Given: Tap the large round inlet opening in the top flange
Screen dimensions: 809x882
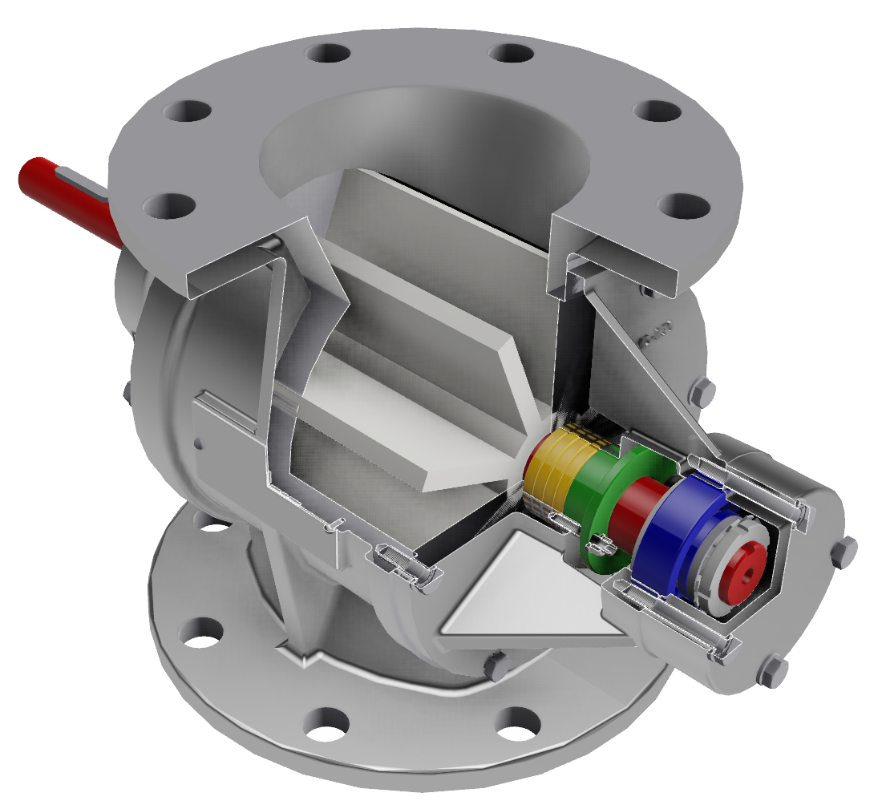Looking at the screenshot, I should click(425, 152).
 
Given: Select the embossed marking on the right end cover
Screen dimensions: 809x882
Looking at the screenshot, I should click(657, 332).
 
